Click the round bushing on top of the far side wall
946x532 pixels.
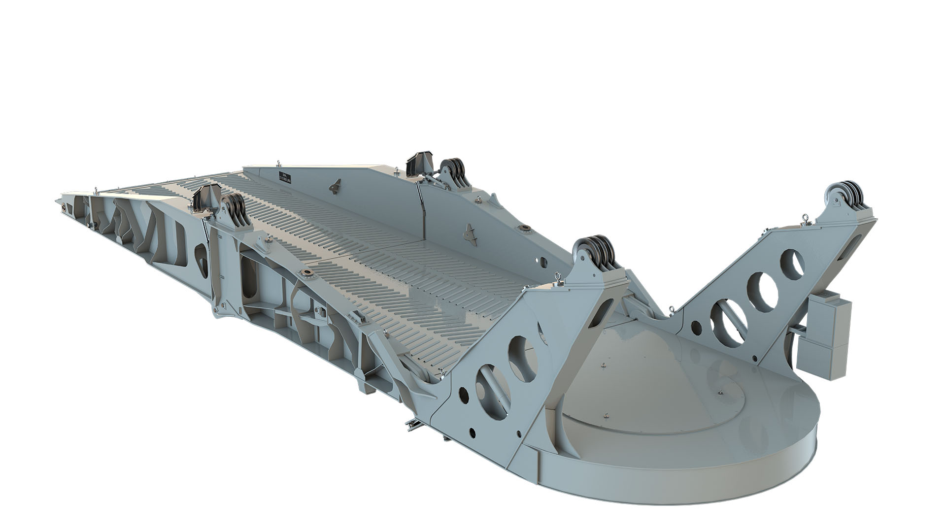[524, 229]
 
